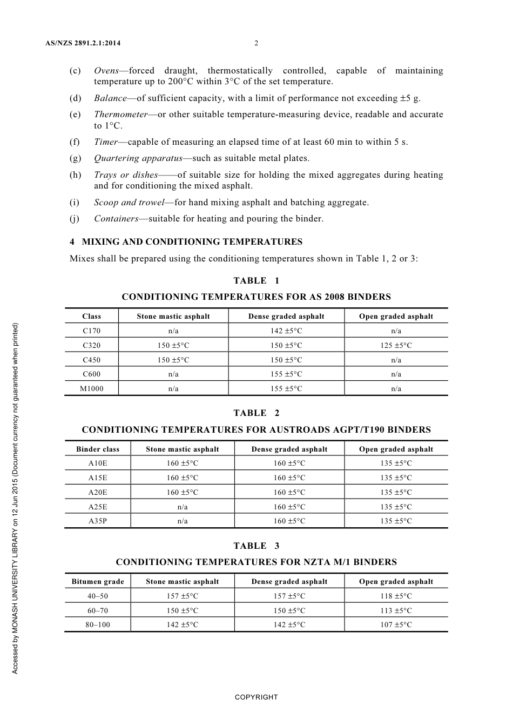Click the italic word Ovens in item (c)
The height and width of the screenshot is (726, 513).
click(x=106, y=71)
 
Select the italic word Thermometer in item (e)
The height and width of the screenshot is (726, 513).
click(x=120, y=115)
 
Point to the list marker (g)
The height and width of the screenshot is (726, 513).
click(x=75, y=158)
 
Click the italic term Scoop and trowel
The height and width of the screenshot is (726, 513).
click(x=129, y=203)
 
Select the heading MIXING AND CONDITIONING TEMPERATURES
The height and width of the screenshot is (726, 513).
click(x=192, y=241)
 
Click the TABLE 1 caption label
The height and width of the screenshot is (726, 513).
click(x=256, y=280)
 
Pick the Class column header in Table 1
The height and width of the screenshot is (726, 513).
click(x=92, y=317)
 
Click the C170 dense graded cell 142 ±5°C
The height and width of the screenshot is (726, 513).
click(x=286, y=331)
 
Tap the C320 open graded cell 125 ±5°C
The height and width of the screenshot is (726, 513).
click(x=396, y=346)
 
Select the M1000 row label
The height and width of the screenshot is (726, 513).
click(x=92, y=389)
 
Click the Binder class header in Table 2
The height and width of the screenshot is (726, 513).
click(x=98, y=449)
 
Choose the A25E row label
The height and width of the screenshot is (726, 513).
click(x=98, y=507)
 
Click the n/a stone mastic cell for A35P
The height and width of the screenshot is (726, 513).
click(x=183, y=521)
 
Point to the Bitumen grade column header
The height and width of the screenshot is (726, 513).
click(x=98, y=582)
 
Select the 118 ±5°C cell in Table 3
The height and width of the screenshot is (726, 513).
click(x=396, y=596)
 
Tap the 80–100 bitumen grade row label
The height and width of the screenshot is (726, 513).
click(x=98, y=625)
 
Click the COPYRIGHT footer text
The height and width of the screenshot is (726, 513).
click(x=256, y=697)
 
